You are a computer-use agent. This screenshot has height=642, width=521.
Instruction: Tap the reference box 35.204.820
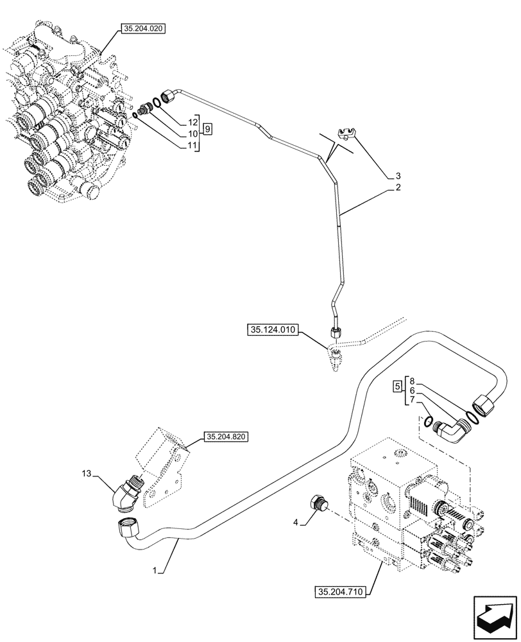coord(226,437)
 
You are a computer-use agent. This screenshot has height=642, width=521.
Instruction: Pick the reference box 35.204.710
coord(341,592)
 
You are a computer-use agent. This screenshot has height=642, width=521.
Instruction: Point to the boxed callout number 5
coord(398,387)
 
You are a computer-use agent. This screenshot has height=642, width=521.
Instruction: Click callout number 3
coord(398,175)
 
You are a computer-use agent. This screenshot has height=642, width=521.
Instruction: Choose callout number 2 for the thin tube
coord(398,187)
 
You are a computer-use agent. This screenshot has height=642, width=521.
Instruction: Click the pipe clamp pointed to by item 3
coord(346,134)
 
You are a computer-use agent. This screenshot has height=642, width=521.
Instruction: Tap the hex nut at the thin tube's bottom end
coord(334,333)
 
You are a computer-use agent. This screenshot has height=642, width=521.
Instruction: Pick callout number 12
coord(192,122)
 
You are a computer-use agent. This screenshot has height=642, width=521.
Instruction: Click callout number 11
coord(192,146)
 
